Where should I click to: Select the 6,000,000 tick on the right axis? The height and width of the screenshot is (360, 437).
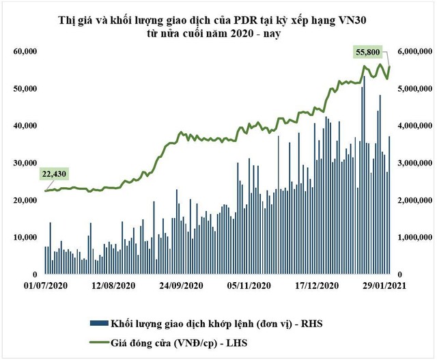[413, 52]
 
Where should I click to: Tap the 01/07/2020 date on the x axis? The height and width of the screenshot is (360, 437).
[46, 286]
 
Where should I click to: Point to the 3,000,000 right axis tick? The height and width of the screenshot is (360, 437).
[413, 163]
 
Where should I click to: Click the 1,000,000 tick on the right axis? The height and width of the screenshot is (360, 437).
[413, 238]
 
